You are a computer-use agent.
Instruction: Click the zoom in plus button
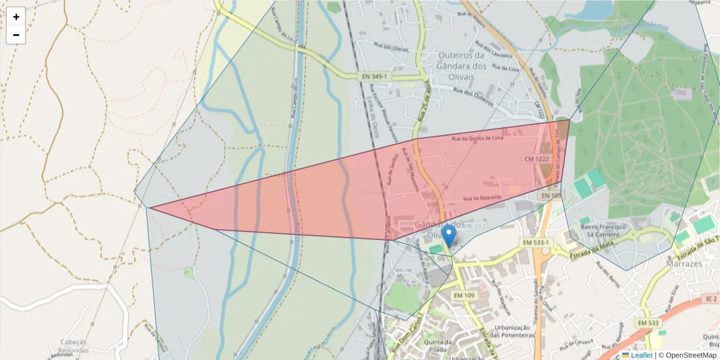point(16,17)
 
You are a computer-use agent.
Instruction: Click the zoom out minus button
point(16,35)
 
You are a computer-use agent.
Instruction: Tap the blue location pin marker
point(448,235)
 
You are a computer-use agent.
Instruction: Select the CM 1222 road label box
point(536,158)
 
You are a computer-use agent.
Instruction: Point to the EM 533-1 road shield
point(535,242)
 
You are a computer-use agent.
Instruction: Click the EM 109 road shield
point(464,295)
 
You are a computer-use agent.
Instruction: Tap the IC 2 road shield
point(711,298)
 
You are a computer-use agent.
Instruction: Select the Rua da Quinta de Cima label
point(477,138)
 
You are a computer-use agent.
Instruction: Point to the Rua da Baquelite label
point(482,197)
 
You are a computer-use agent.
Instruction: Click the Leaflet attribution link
point(641,355)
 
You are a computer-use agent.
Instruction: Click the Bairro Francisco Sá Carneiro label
point(604,231)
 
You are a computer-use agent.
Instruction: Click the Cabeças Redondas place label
point(74,346)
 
